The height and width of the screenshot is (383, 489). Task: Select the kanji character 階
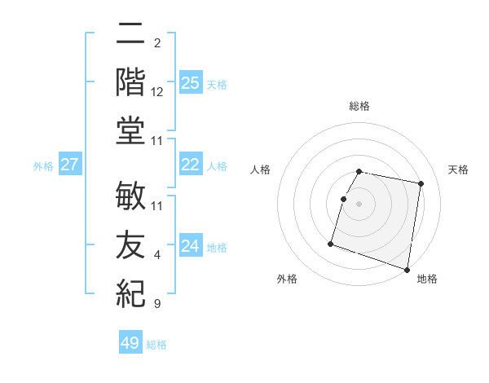point(131,81)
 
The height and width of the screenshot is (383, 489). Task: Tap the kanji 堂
point(131,132)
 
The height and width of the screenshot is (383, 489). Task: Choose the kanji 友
point(131,245)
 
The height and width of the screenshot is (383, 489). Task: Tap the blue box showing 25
point(190,82)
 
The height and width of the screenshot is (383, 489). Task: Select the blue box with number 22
point(190,165)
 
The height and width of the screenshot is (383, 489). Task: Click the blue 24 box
point(190,246)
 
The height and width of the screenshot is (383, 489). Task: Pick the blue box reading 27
point(70,165)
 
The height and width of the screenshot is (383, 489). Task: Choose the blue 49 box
point(130,343)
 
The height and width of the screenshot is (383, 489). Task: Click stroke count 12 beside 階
point(157,91)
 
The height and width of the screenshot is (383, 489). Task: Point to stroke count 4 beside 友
point(157,255)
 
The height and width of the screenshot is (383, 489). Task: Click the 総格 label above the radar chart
point(359,106)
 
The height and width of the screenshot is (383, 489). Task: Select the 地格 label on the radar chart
point(427,279)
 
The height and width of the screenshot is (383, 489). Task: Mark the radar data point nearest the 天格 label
point(421,184)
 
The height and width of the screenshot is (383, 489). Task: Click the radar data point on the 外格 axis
point(331,243)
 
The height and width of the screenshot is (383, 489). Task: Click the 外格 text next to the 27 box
point(43,165)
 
